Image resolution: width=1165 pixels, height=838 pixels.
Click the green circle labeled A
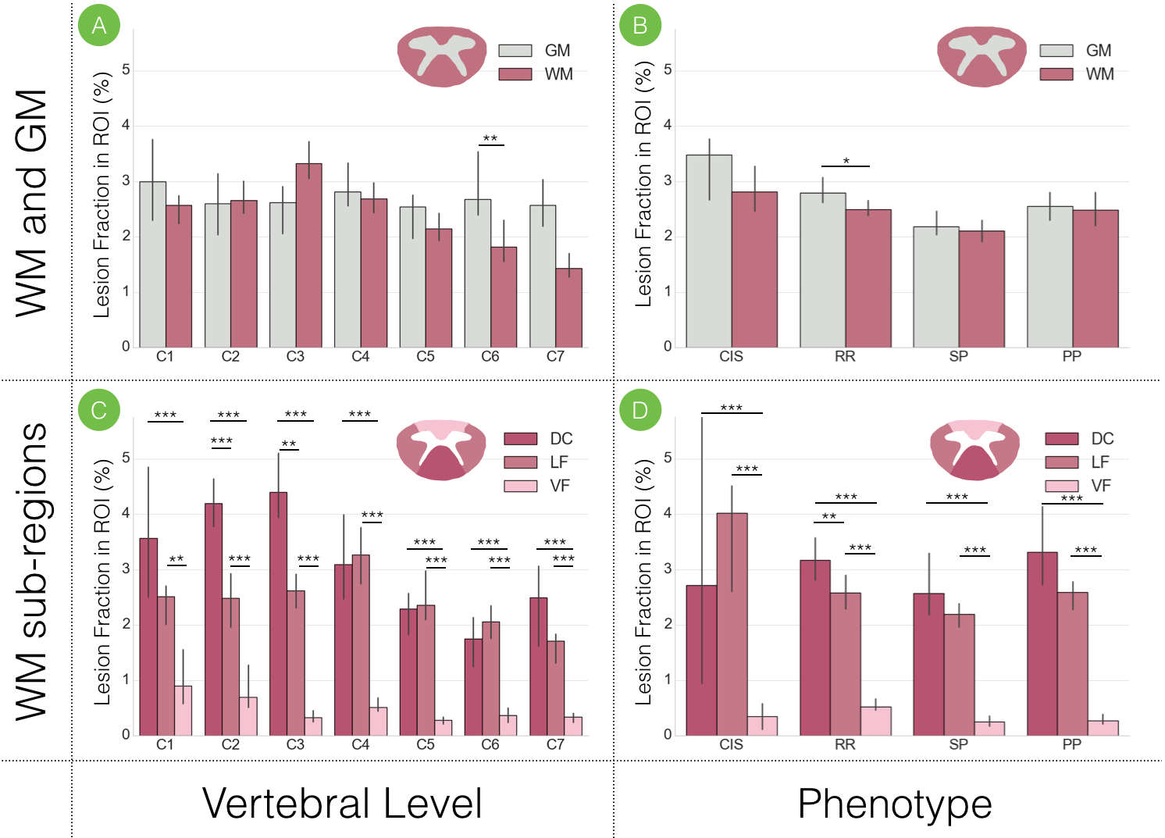[x=99, y=26]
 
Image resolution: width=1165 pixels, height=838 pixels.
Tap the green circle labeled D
[x=640, y=410]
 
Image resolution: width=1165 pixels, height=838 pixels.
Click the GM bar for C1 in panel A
[x=152, y=265]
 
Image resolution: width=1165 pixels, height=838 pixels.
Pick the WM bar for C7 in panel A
[x=568, y=308]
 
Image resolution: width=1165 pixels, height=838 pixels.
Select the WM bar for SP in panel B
[x=982, y=289]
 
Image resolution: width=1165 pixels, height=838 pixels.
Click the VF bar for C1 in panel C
[x=183, y=711]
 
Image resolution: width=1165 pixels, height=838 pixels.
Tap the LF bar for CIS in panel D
[x=732, y=624]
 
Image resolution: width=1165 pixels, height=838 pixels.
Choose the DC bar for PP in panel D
[x=1042, y=644]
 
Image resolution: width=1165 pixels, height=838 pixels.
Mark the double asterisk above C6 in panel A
[x=490, y=139]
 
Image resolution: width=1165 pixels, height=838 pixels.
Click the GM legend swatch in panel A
[x=515, y=51]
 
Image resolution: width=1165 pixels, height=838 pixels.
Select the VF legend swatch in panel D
[x=1061, y=486]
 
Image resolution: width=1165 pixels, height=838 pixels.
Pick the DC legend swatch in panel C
[x=521, y=439]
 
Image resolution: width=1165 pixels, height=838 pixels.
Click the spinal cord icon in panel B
[x=982, y=55]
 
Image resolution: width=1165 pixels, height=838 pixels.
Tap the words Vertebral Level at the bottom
[x=342, y=804]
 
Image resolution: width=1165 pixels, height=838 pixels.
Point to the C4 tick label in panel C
[x=360, y=744]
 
